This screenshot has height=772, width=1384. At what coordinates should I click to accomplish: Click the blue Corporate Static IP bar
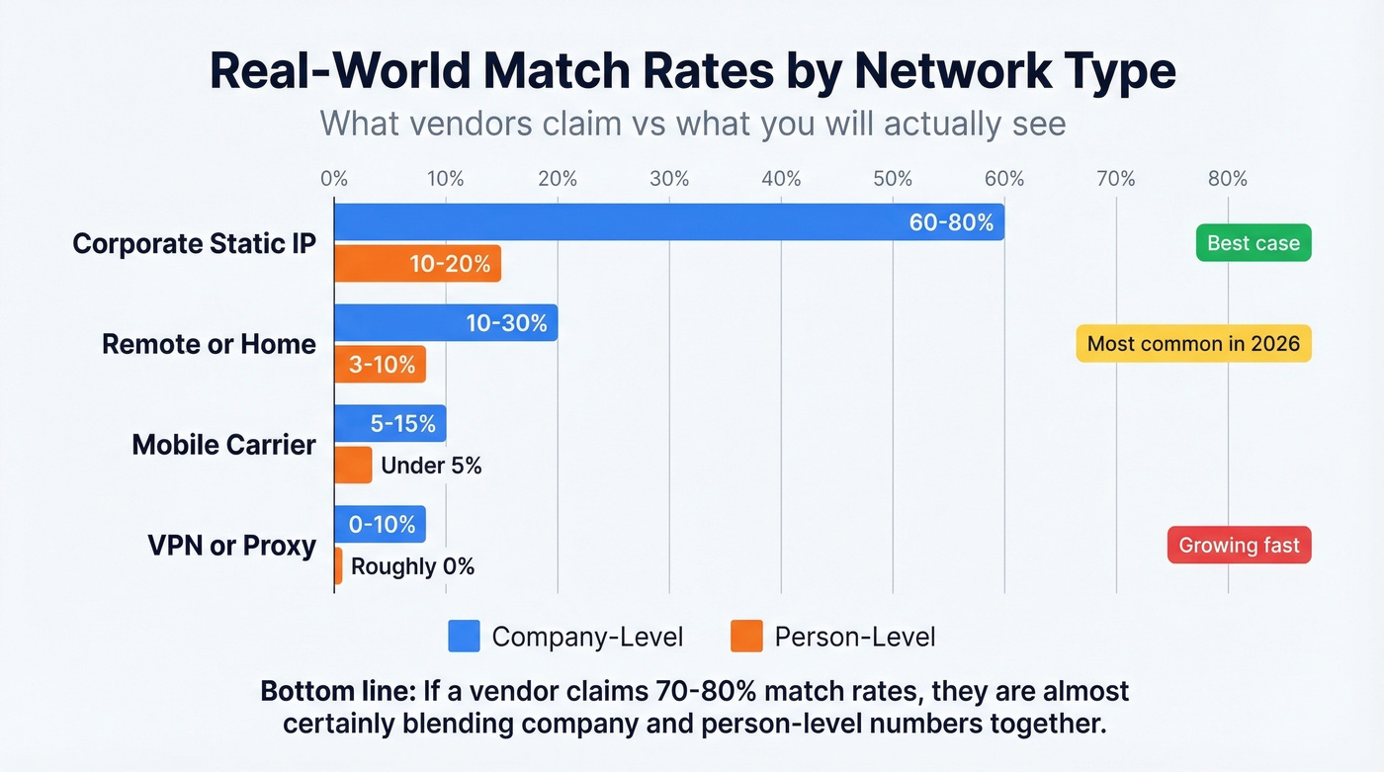668,222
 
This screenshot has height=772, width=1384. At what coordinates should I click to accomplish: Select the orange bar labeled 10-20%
417,264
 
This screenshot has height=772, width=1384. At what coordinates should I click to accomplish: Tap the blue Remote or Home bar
446,323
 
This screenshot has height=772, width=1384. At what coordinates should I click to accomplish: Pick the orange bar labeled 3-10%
380,365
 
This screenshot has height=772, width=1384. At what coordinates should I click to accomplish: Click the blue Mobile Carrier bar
389,424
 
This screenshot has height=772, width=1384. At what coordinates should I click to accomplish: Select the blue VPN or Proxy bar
380,525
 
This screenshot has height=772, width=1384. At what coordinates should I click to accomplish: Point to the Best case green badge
1253,243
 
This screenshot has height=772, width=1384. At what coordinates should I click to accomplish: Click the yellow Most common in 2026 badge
1193,344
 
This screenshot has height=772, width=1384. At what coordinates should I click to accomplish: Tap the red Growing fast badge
1239,546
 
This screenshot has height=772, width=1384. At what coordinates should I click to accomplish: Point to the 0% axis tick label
334,179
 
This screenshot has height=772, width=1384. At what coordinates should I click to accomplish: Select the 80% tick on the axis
1227,179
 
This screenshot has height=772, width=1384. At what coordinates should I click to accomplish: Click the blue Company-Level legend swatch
464,637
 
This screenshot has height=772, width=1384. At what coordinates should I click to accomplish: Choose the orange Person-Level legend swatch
746,637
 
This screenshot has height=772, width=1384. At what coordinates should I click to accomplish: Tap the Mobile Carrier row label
223,445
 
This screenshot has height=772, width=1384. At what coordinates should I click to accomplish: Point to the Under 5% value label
431,466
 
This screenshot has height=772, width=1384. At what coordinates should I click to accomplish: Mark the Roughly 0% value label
412,566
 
